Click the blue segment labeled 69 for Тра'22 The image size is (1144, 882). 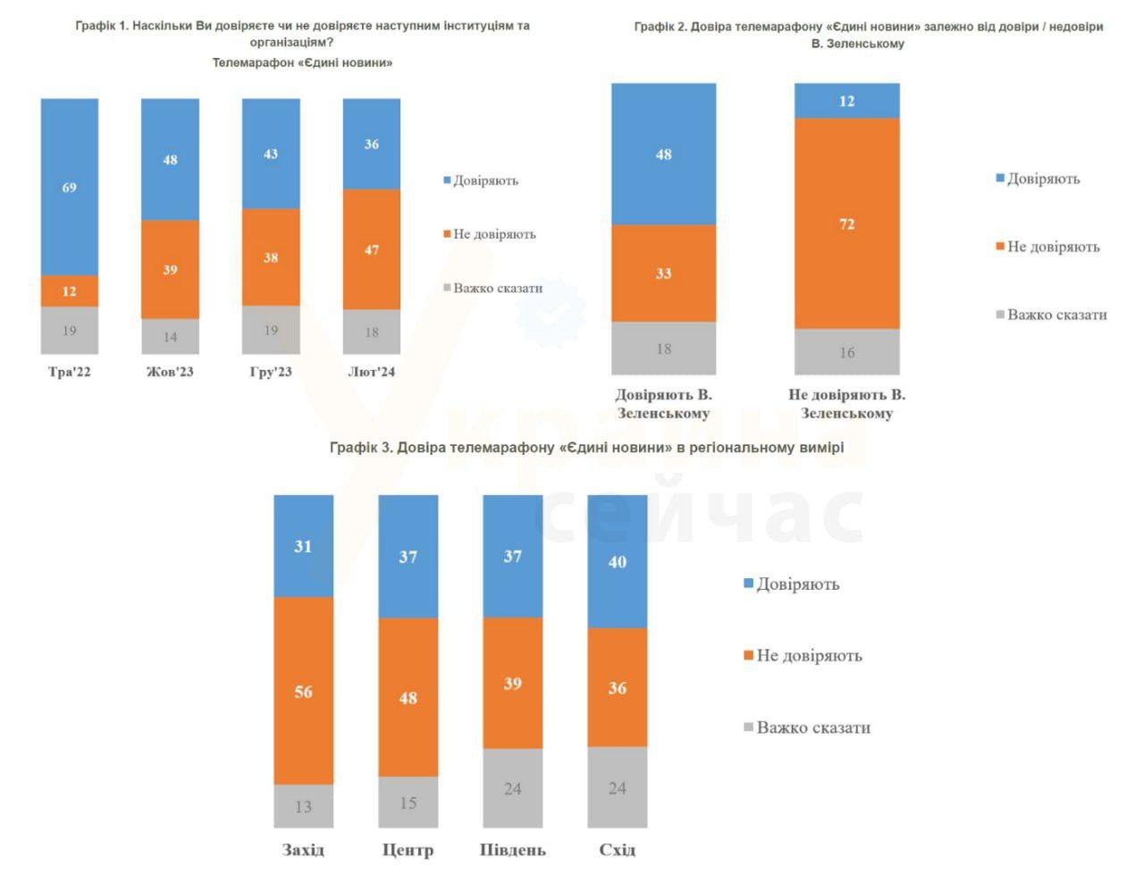[69, 187]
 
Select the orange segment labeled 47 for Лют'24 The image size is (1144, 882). [372, 249]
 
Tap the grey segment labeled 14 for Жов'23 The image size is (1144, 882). [170, 336]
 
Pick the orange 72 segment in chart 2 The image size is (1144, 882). [846, 223]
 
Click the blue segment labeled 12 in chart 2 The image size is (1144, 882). [846, 101]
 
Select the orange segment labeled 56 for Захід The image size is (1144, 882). [303, 691]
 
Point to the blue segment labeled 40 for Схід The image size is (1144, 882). [617, 561]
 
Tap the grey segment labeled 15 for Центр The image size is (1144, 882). [408, 802]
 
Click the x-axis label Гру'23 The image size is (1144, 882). [271, 372]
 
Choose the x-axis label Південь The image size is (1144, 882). [512, 849]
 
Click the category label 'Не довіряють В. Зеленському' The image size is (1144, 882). [846, 404]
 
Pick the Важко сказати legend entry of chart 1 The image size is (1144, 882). [497, 288]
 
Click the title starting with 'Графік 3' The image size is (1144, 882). [586, 447]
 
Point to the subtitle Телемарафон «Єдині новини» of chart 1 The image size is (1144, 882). [302, 63]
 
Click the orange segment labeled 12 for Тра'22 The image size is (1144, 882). [69, 291]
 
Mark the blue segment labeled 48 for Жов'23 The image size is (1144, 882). [170, 159]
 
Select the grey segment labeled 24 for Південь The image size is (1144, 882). [512, 788]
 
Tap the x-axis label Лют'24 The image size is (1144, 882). [371, 372]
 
